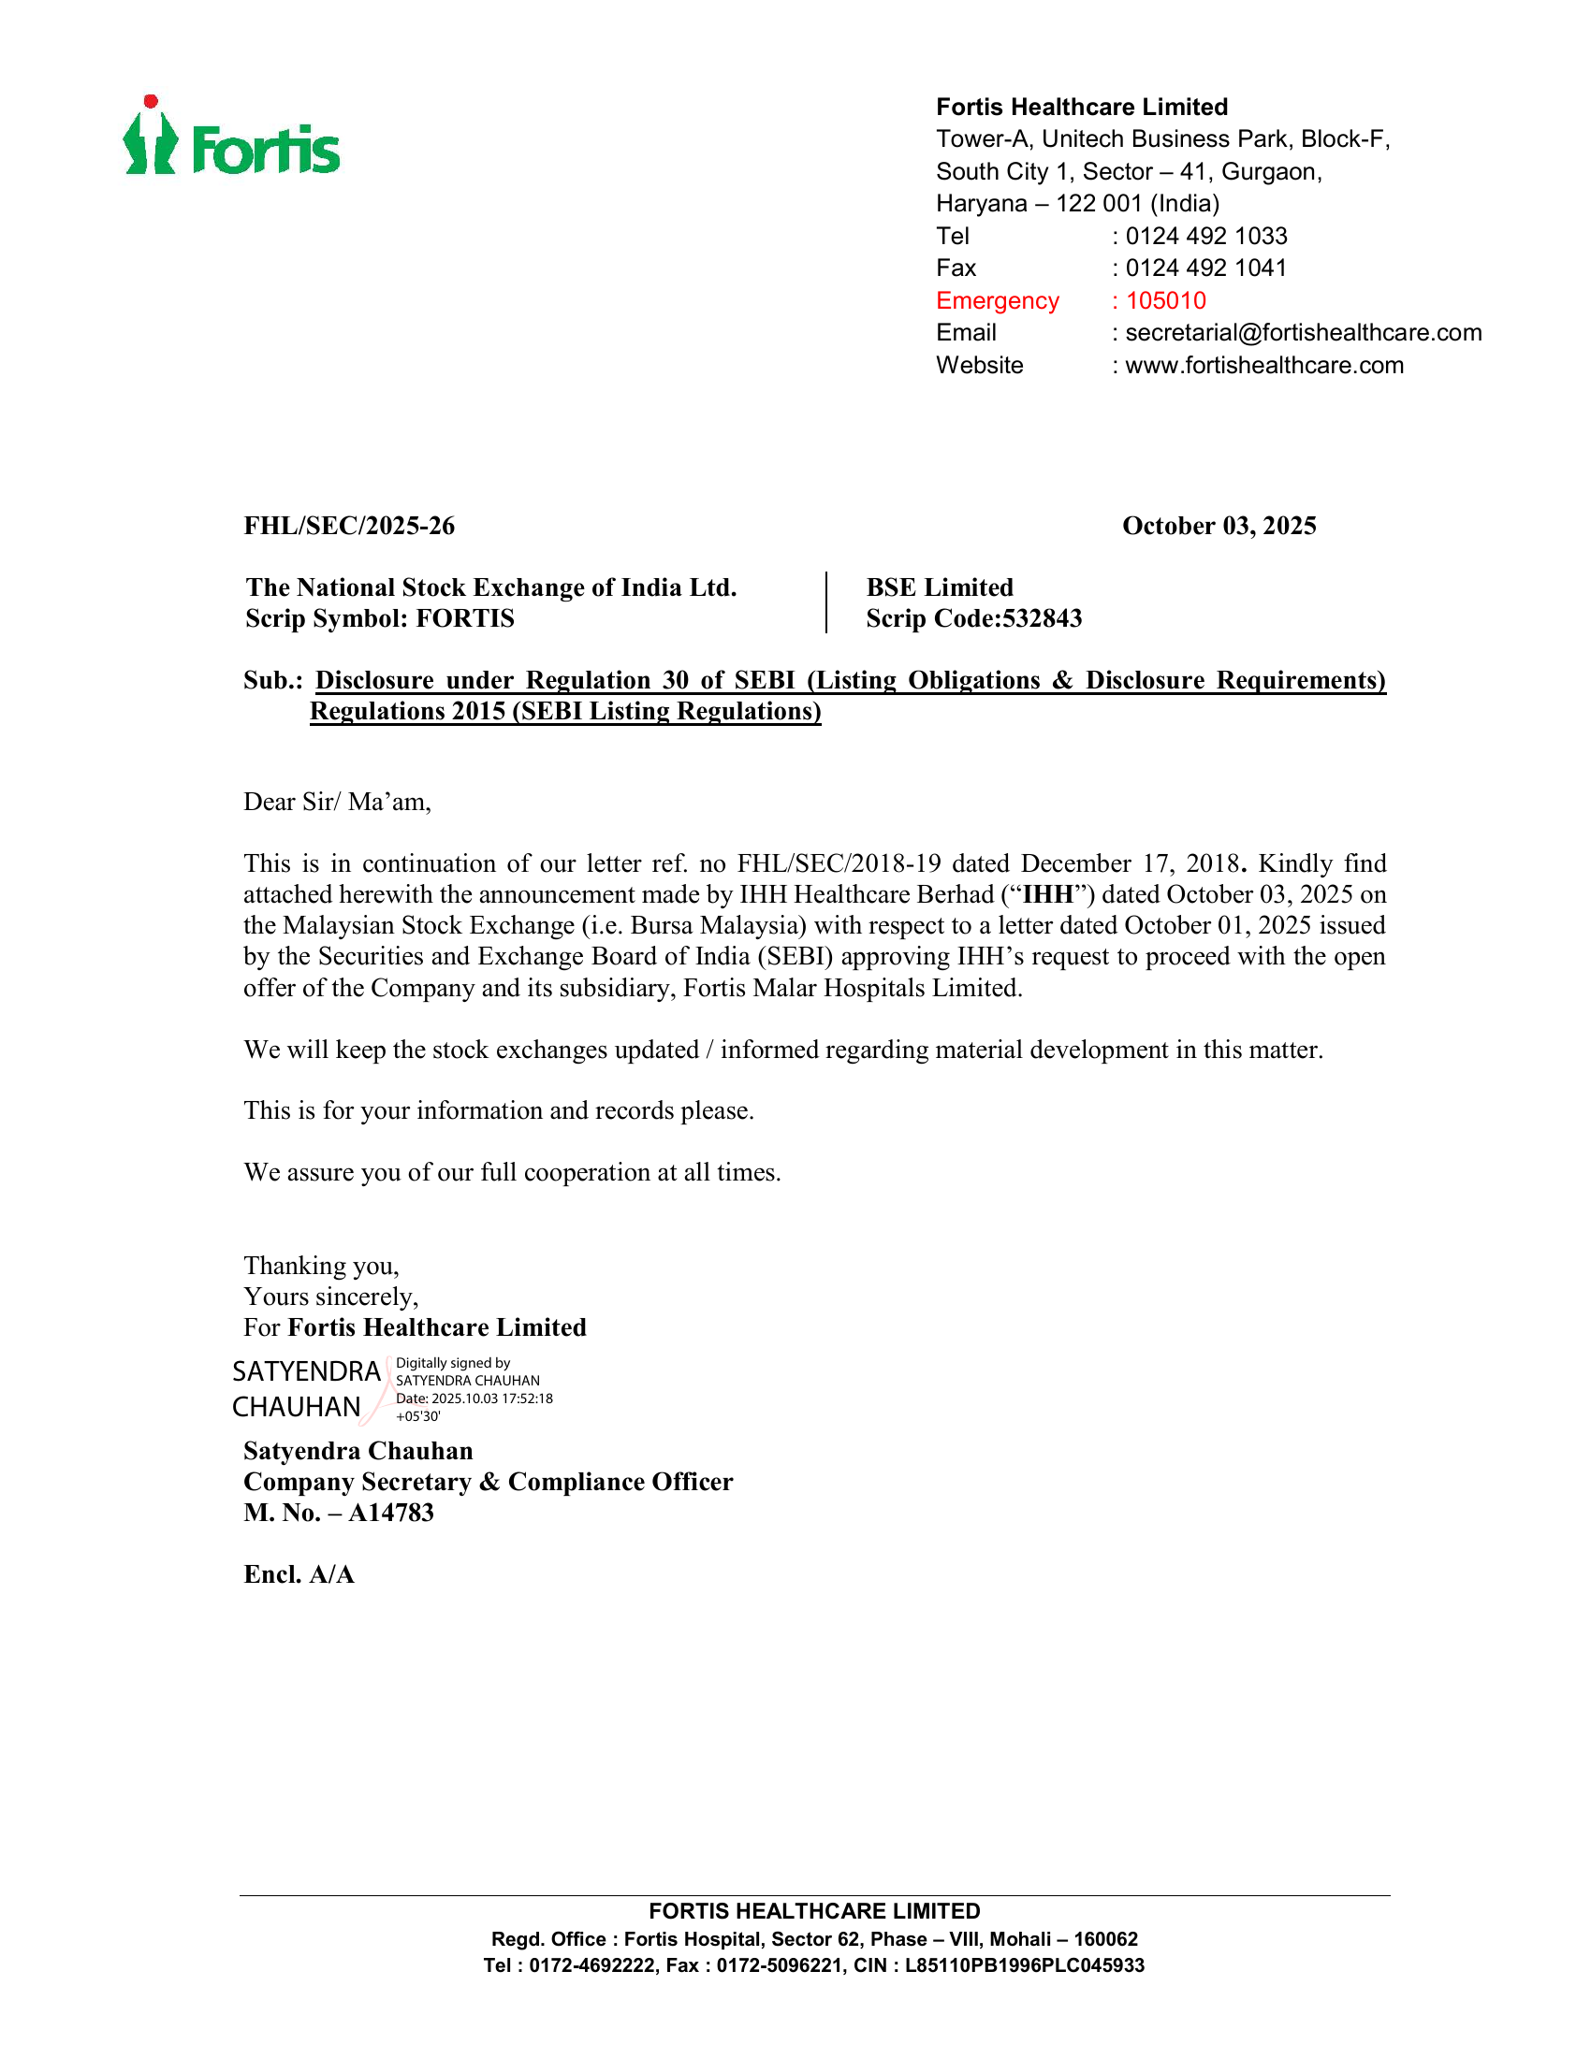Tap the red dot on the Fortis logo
coord(151,102)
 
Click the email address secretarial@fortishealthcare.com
coord(1303,333)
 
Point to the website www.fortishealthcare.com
coord(1264,366)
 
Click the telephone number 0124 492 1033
coord(1205,236)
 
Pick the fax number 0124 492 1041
coord(1205,268)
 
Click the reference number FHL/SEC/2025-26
coord(350,526)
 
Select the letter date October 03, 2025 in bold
coord(1219,526)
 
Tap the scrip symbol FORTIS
coord(466,619)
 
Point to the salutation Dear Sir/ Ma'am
coord(338,802)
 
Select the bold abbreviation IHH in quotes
coord(1048,895)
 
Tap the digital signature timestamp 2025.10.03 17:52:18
coord(492,1399)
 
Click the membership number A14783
coord(391,1514)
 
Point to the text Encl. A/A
coord(299,1574)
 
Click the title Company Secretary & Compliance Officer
coord(488,1483)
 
